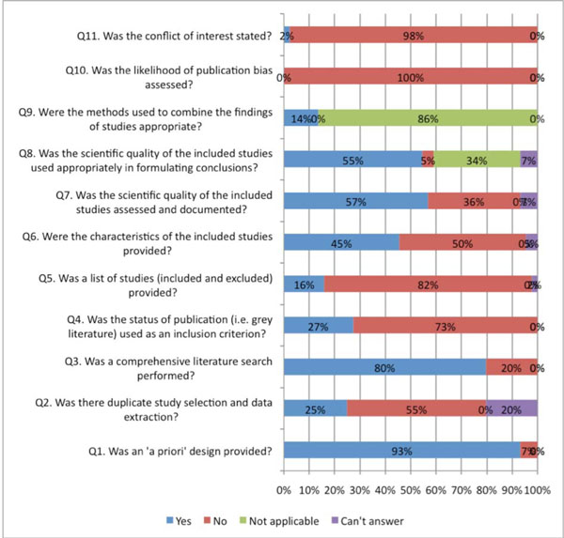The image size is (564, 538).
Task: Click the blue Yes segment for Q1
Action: coord(401,451)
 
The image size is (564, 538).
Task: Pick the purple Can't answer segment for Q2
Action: coord(512,408)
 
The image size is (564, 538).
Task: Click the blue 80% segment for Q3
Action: coord(384,368)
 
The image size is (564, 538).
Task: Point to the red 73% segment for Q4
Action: coord(445,326)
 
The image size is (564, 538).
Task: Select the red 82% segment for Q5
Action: coord(428,284)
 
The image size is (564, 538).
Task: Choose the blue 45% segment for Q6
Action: coord(340,242)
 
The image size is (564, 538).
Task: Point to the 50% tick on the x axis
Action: coord(411,488)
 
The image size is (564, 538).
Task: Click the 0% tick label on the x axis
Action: coord(284,488)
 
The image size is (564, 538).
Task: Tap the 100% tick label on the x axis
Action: coord(538,488)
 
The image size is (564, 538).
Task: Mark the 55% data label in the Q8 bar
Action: coord(352,160)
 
